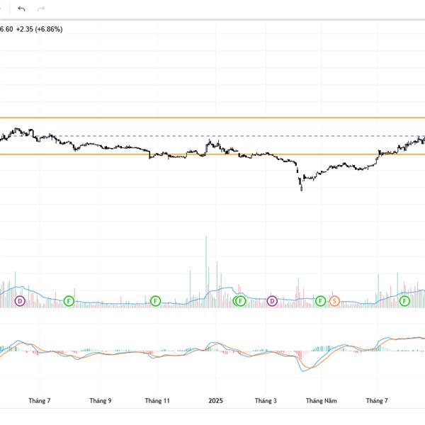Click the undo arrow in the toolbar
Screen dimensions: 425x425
(x=22, y=8)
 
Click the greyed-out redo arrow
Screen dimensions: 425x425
(x=41, y=8)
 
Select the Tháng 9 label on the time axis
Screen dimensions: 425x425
(x=101, y=401)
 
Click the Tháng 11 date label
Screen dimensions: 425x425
(x=157, y=401)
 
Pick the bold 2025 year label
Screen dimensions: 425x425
(x=215, y=401)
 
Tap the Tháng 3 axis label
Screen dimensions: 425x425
(x=266, y=401)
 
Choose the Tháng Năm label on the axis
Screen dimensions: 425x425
(x=321, y=401)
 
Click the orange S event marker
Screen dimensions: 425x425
(x=335, y=301)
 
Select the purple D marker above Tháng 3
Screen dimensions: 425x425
(x=273, y=301)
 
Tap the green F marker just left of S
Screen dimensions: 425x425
(x=320, y=301)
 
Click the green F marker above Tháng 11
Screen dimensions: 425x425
(x=155, y=301)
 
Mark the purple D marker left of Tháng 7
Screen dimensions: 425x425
(x=20, y=301)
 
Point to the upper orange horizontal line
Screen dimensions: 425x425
(x=212, y=118)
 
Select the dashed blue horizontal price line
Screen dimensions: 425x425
(x=212, y=135)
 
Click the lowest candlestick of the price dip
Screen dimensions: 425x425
(x=301, y=187)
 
